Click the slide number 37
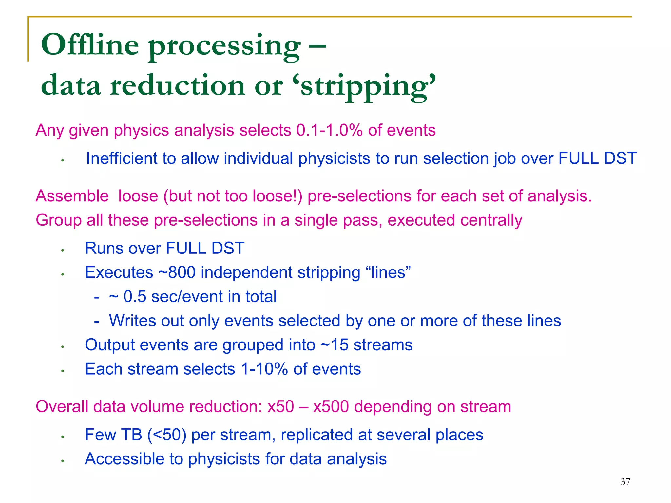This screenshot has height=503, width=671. coord(625,482)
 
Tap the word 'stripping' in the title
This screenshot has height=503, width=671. coord(368,85)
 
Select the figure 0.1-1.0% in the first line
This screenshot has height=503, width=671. coord(329,130)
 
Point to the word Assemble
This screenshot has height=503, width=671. coord(72,196)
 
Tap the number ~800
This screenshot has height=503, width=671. coord(177,272)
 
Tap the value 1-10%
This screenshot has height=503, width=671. coord(264,369)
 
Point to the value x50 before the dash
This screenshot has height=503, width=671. coord(280,407)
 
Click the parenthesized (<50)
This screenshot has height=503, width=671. coord(167,435)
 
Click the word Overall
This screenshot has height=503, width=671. coord(62,407)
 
